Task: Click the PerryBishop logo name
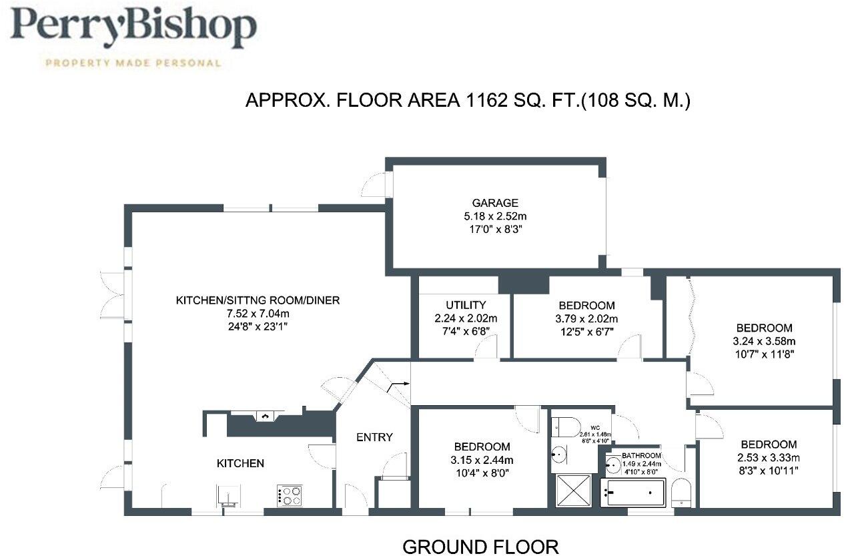[x=133, y=29]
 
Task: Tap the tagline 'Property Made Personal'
[x=132, y=63]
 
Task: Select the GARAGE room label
[x=495, y=203]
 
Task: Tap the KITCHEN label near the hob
[x=240, y=463]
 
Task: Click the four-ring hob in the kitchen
[x=290, y=495]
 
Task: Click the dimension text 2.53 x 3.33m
[x=767, y=457]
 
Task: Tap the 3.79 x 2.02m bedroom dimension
[x=587, y=318]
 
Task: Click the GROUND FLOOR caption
[x=480, y=547]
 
